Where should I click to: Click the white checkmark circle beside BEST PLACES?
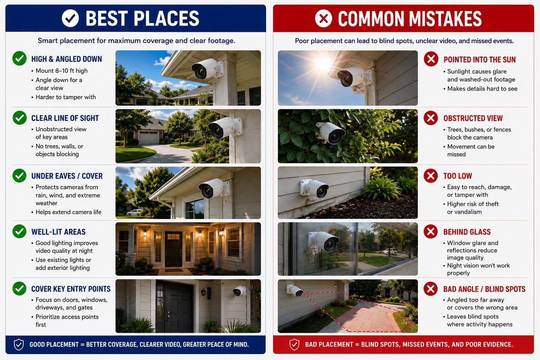click(70, 18)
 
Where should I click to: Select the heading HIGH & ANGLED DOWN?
click(66, 59)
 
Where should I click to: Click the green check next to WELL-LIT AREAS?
click(20, 231)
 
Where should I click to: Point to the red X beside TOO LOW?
click(431, 176)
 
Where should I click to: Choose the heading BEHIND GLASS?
click(467, 232)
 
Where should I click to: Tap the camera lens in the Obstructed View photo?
click(335, 137)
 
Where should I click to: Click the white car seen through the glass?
click(390, 251)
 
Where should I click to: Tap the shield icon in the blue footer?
click(19, 345)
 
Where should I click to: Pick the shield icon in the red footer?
click(294, 345)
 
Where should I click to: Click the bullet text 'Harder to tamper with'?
click(66, 97)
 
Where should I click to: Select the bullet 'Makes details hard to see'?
click(482, 89)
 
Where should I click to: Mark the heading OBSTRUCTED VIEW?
click(473, 118)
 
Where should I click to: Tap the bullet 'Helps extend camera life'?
click(69, 212)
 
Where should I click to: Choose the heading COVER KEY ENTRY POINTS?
click(71, 289)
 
